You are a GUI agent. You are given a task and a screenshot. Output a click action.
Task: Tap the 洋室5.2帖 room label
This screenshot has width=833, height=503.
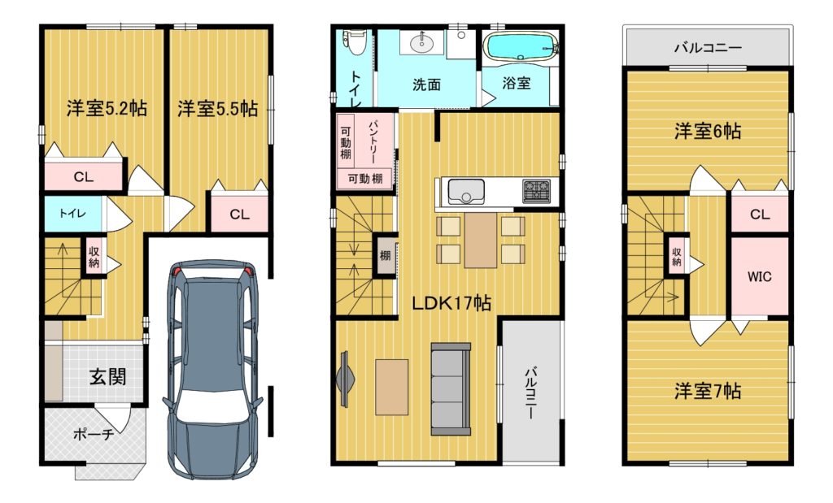pos(107,108)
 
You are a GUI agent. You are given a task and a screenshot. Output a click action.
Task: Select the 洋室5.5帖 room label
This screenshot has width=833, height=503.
pos(218,108)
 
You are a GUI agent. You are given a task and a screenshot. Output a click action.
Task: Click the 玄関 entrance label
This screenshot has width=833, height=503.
pos(108,377)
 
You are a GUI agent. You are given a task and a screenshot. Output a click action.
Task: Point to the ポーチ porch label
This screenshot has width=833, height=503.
pos(94,435)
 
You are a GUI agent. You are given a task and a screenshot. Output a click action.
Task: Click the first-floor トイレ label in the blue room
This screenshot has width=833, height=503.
pos(72,213)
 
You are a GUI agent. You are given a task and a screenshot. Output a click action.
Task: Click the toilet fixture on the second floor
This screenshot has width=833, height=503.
pos(355,42)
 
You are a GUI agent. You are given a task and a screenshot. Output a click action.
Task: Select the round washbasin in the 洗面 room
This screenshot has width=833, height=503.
pos(422,42)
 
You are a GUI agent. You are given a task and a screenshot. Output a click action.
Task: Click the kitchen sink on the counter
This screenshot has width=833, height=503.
pos(466,192)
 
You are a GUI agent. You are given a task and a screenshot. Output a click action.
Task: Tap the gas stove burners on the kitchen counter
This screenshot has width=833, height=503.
pos(536,192)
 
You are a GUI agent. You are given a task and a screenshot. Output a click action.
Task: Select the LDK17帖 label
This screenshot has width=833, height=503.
pos(452,303)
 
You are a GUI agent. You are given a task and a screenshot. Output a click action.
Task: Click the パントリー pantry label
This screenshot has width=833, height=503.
pos(372,141)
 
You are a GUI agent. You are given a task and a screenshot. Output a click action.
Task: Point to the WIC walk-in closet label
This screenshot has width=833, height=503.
pos(759,276)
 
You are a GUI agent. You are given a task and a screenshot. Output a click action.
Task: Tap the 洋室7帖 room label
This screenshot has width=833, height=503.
pos(708,392)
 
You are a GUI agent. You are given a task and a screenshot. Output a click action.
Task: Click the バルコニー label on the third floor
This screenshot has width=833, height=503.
pos(708,48)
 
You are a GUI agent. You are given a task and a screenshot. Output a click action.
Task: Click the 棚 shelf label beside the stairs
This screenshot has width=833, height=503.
pos(385,256)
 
